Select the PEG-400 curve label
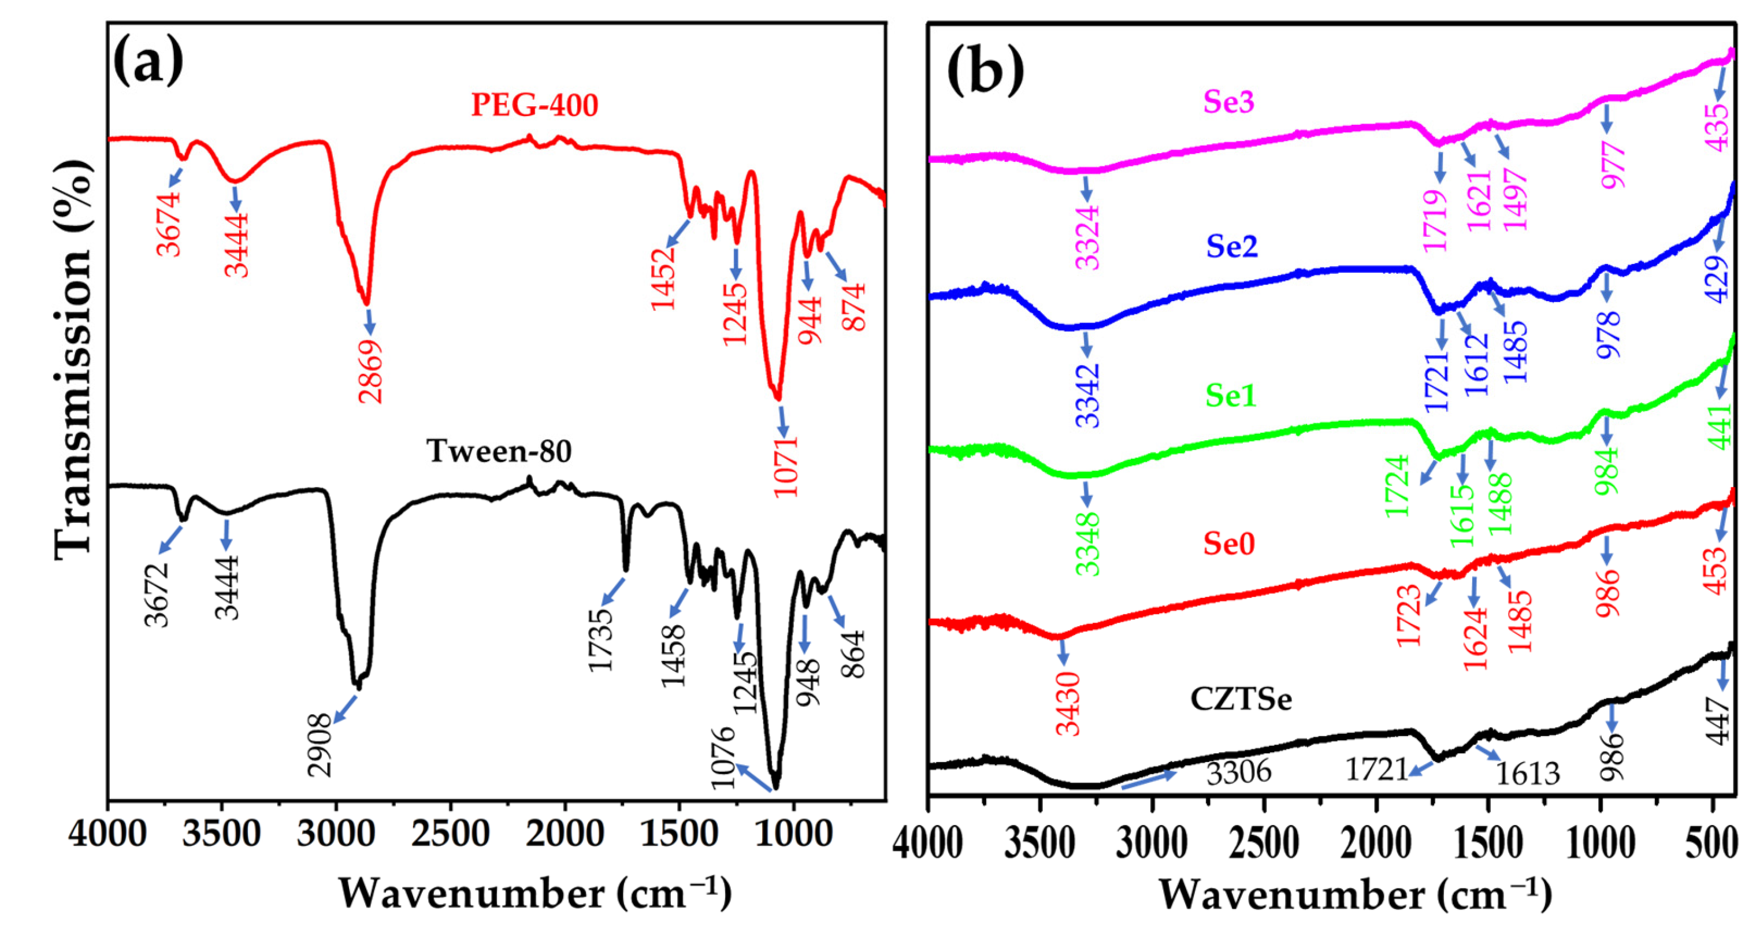pyautogui.click(x=534, y=105)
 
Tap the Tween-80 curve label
pyautogui.click(x=499, y=452)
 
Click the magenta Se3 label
pyautogui.click(x=1229, y=102)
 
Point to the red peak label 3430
pyautogui.click(x=1068, y=704)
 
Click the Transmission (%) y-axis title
pyautogui.click(x=73, y=361)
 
